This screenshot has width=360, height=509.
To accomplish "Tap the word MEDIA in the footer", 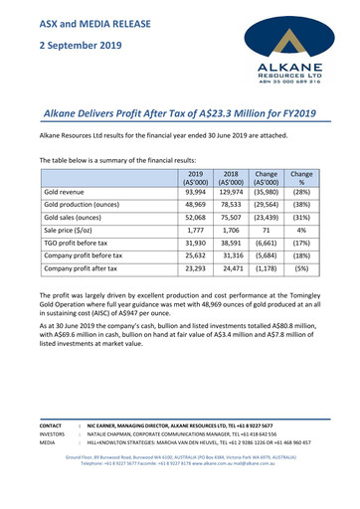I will click(48, 443).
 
